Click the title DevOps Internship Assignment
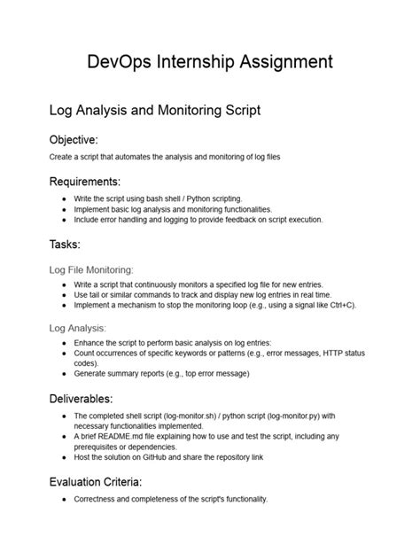210,62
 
